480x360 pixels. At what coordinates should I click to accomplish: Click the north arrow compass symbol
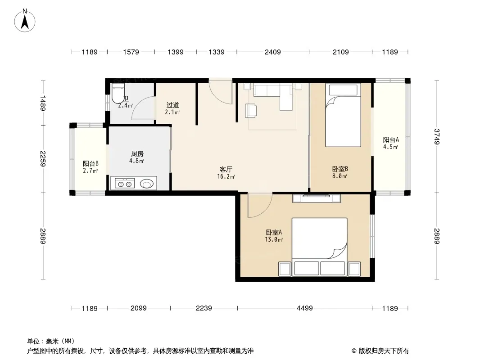[x=25, y=21]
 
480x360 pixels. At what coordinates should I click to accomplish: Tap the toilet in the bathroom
[x=118, y=94]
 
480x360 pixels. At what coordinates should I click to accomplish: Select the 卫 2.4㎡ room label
[x=126, y=102]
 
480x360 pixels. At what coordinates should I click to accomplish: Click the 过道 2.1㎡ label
[x=172, y=108]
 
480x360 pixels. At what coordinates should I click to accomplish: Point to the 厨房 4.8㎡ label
[x=137, y=157]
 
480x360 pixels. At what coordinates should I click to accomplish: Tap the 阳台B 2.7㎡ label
[x=91, y=167]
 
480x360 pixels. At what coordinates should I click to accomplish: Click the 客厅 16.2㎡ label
[x=226, y=173]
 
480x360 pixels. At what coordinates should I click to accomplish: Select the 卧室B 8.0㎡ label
[x=340, y=172]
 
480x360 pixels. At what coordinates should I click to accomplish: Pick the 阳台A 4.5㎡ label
[x=390, y=143]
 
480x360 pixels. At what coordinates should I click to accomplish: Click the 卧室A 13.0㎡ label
[x=274, y=236]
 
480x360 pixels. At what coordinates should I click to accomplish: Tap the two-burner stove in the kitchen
[x=125, y=184]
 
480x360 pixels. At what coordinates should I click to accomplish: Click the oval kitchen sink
[x=147, y=184]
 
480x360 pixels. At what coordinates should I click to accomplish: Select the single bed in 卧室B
[x=343, y=115]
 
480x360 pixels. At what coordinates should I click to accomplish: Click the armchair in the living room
[x=251, y=111]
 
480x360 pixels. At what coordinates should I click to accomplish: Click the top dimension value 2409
[x=272, y=52]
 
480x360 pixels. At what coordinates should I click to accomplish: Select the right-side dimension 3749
[x=437, y=137]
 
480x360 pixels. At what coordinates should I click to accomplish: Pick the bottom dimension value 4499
[x=304, y=308]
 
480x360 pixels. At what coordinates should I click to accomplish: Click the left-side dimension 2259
[x=42, y=159]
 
